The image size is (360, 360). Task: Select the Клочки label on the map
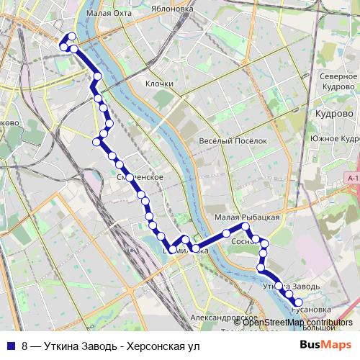point(159,84)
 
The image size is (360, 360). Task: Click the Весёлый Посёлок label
point(233,141)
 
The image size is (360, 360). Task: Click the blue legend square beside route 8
point(11,345)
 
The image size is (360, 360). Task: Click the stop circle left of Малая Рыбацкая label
point(226,233)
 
